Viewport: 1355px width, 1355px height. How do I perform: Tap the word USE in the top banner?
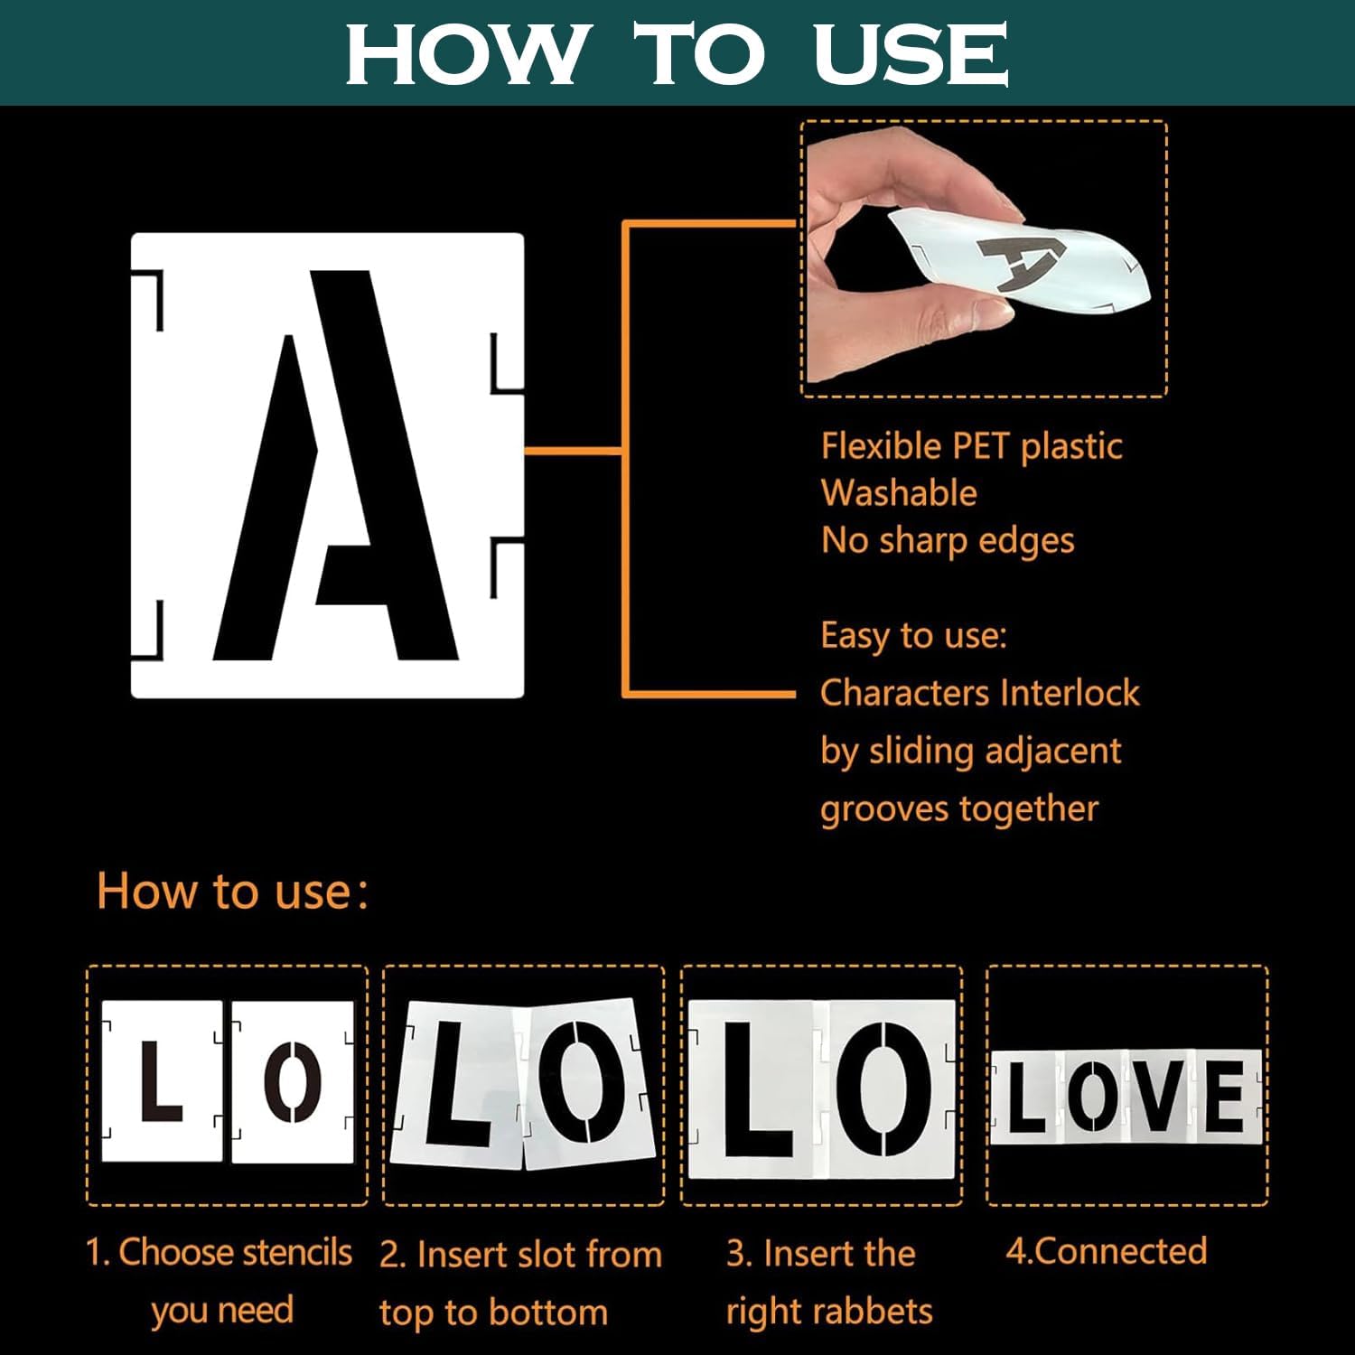911,53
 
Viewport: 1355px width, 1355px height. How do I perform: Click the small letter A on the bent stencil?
1022,261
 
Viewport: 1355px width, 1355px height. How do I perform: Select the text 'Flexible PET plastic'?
971,446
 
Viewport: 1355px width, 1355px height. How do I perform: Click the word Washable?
899,493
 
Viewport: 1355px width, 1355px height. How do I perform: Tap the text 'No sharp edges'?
948,540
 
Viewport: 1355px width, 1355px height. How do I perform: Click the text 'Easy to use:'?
913,636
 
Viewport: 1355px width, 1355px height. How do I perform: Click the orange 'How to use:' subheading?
233,892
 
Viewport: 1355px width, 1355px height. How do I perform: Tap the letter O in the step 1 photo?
293,1081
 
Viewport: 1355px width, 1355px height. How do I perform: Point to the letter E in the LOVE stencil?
1223,1095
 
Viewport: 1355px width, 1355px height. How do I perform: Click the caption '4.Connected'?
1107,1251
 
